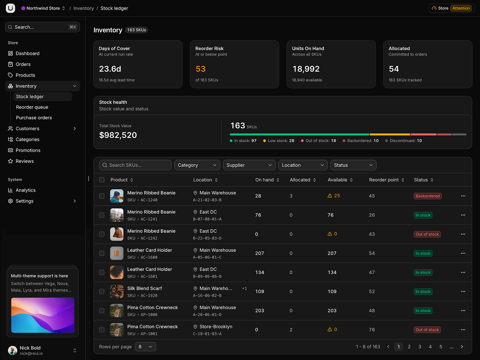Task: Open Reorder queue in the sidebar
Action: [x=32, y=107]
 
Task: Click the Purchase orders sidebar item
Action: [x=34, y=118]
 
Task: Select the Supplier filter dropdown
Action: [x=249, y=165]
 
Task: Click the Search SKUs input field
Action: [x=135, y=165]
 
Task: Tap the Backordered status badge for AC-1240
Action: [x=428, y=196]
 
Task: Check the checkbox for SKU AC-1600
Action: [x=102, y=253]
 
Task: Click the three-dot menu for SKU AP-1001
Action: [x=463, y=330]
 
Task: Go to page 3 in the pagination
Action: [x=420, y=347]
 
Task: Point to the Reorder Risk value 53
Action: [x=200, y=69]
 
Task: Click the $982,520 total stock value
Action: [x=118, y=135]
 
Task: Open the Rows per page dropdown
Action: [x=146, y=347]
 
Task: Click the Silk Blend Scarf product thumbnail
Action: [x=116, y=291]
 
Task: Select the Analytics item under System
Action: [x=26, y=190]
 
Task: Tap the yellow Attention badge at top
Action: [x=461, y=8]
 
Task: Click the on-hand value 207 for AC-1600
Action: [x=260, y=253]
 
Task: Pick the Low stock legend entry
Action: [x=278, y=140]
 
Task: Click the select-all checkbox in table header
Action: [x=102, y=180]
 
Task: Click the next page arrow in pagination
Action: [x=462, y=347]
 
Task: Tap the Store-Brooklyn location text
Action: [x=216, y=326]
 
